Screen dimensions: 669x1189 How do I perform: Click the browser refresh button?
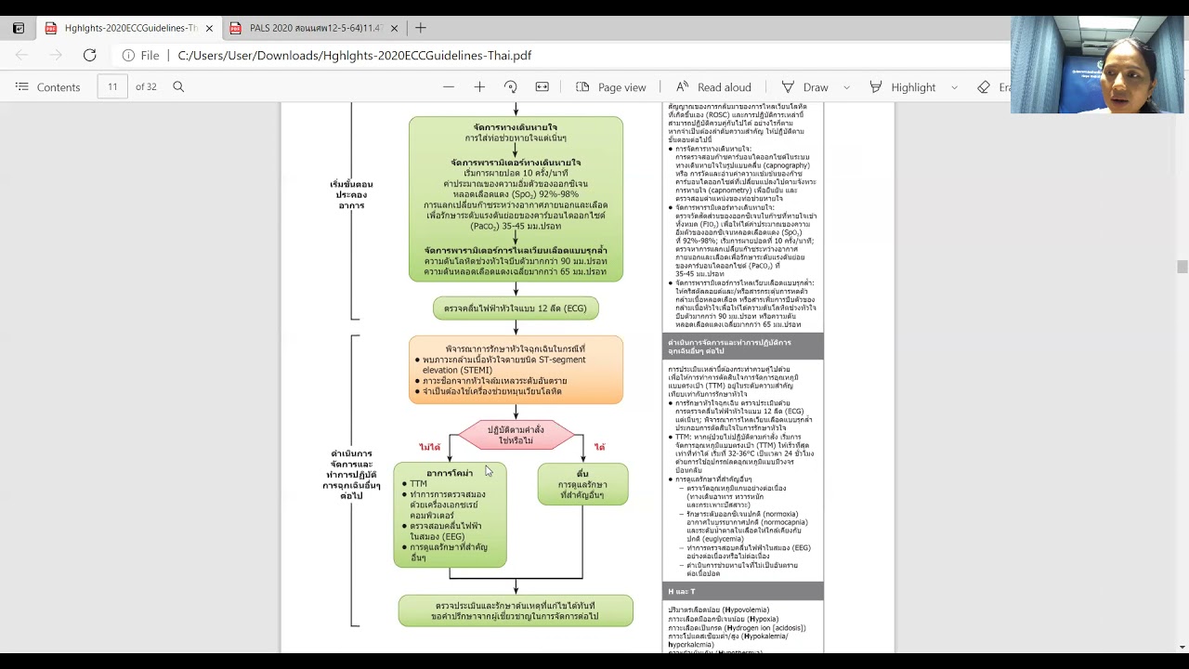click(x=89, y=56)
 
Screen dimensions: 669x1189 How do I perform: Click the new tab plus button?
click(x=421, y=28)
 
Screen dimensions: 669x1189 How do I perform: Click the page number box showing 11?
click(x=112, y=87)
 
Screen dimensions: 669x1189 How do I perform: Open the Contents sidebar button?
click(x=48, y=87)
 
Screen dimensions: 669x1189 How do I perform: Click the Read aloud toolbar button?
click(x=713, y=87)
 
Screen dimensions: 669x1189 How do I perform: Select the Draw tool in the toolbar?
click(x=805, y=87)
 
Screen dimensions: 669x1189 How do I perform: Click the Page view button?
click(x=610, y=87)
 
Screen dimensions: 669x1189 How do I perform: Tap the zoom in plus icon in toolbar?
click(x=479, y=87)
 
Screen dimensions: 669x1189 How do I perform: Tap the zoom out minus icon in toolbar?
click(x=449, y=87)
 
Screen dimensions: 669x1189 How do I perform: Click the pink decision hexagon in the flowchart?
click(x=516, y=435)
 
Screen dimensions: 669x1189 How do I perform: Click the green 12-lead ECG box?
click(x=516, y=308)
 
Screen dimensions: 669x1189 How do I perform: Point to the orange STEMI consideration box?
click(x=516, y=370)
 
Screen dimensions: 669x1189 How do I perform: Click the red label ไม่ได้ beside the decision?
click(x=429, y=448)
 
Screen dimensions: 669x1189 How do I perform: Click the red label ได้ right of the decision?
click(x=599, y=448)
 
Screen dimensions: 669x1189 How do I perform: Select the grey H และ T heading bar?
click(x=742, y=591)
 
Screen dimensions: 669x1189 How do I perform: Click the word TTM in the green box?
click(x=419, y=484)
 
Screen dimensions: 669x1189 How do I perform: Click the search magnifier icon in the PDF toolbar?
click(x=178, y=87)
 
